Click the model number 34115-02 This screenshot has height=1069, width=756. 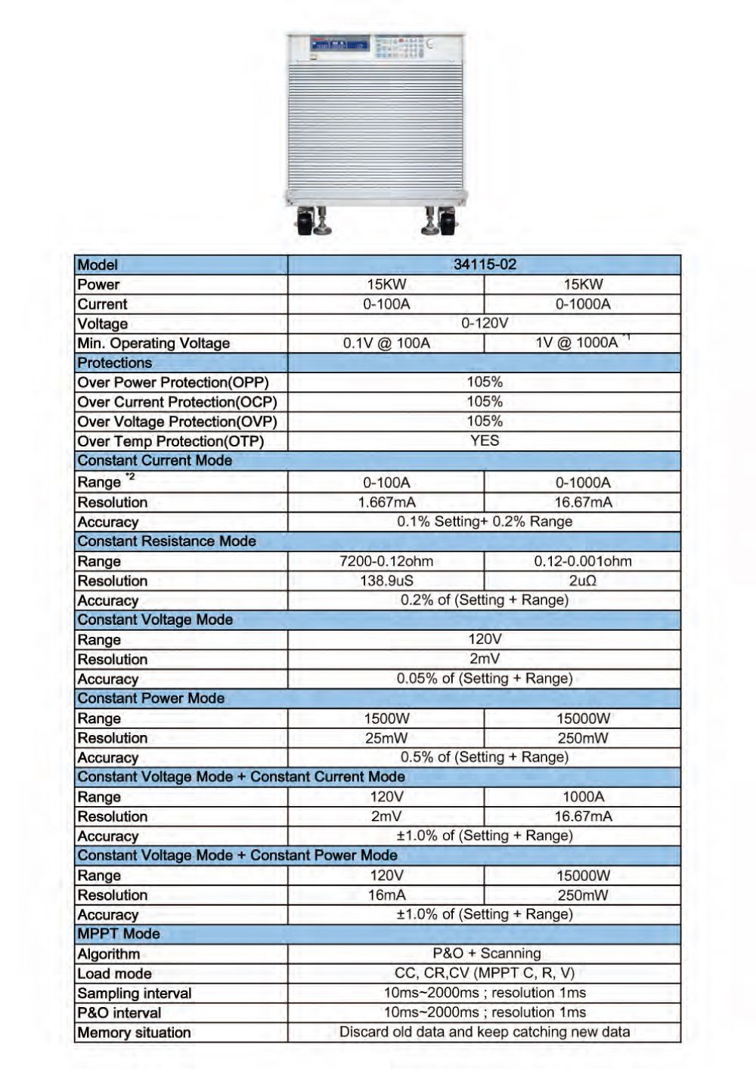click(x=485, y=264)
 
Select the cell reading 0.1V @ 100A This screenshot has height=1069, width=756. click(x=386, y=343)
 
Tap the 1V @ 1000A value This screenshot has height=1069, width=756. click(x=577, y=342)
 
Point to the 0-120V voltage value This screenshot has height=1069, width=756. click(x=485, y=323)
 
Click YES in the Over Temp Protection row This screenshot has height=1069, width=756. click(x=485, y=440)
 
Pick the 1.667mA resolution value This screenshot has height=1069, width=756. click(x=386, y=502)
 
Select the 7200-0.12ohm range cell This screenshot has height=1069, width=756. click(x=386, y=561)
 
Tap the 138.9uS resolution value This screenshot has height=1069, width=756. click(x=386, y=581)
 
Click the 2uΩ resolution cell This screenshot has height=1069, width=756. click(x=583, y=581)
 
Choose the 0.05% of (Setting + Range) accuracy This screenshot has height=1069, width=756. click(x=485, y=678)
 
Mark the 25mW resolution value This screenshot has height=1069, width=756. click(x=386, y=738)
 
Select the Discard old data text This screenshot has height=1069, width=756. click(x=485, y=1032)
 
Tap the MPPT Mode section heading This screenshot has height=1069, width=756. click(x=119, y=934)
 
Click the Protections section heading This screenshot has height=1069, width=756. click(x=114, y=363)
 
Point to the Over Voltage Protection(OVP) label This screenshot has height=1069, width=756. click(x=177, y=422)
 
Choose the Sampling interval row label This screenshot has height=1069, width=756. click(x=135, y=993)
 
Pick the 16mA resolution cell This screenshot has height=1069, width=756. click(x=386, y=895)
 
